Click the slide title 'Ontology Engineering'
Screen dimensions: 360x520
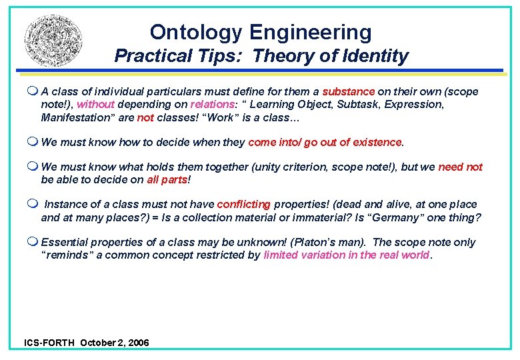point(261,32)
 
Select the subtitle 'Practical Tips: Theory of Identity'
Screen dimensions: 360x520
point(261,56)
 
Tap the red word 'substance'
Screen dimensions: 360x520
point(349,91)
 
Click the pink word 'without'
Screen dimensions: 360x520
point(95,104)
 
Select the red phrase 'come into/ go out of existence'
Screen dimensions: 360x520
point(325,142)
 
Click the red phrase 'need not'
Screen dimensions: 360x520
point(460,167)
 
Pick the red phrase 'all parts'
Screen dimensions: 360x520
point(167,180)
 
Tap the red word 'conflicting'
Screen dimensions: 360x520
point(244,205)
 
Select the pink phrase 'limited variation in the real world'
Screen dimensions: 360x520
point(347,255)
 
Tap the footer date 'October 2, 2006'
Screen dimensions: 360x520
point(115,343)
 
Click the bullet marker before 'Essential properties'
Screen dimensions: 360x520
point(33,242)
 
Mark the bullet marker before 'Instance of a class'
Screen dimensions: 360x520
point(33,205)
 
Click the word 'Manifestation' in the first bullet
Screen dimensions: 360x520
point(75,117)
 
